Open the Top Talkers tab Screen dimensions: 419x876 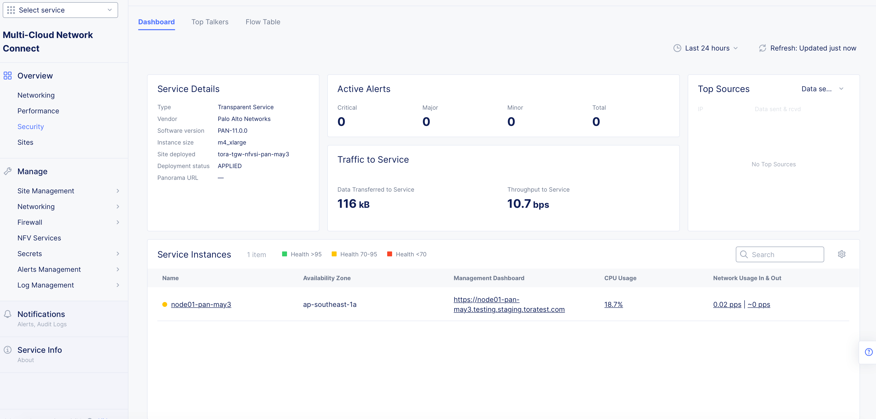point(210,22)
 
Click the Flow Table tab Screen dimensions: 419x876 point(263,22)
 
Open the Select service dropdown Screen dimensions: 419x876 point(60,10)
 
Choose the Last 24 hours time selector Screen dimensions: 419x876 point(707,48)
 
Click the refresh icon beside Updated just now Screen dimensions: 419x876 point(762,48)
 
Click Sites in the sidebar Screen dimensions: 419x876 point(25,142)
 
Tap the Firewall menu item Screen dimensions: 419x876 point(30,222)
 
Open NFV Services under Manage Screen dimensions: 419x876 point(39,238)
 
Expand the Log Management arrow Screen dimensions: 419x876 point(118,285)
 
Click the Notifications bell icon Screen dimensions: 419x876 point(7,314)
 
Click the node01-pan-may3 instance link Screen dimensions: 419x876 point(201,304)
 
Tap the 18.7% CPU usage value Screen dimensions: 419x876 point(613,304)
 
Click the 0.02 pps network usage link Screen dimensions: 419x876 point(727,304)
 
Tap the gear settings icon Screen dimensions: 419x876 point(841,254)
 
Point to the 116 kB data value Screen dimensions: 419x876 point(353,204)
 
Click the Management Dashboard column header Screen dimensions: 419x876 point(489,278)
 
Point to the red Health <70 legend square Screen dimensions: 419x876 point(389,254)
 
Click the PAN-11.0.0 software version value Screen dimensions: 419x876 point(233,131)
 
